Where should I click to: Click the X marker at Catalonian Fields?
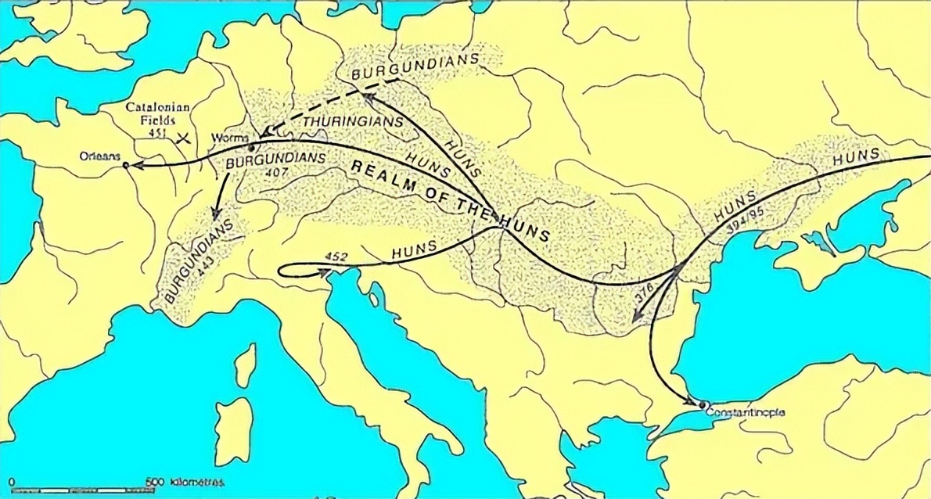(x=185, y=139)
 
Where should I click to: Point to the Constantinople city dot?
(x=700, y=404)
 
